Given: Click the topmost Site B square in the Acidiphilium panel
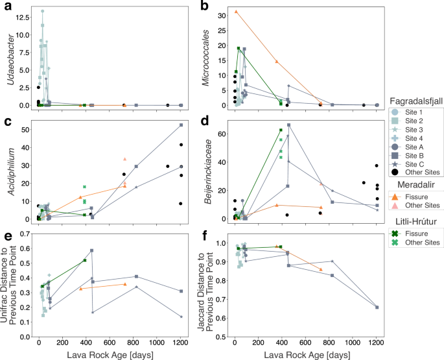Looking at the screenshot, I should click(181, 125).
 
